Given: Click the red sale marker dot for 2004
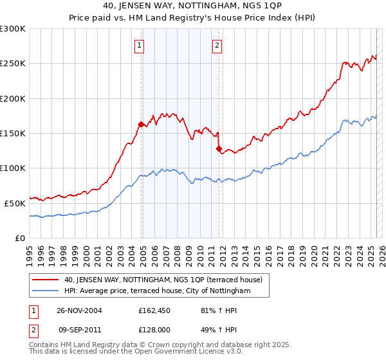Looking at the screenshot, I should click(x=141, y=124).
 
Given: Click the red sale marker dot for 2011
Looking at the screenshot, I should click(x=219, y=148).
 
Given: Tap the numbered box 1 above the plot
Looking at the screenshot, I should click(x=140, y=45).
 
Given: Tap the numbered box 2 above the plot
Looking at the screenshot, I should click(x=217, y=45).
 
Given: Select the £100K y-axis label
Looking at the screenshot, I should click(x=14, y=168).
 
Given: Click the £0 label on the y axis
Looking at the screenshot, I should click(x=19, y=238).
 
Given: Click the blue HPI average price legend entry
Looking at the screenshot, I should click(x=156, y=291).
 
